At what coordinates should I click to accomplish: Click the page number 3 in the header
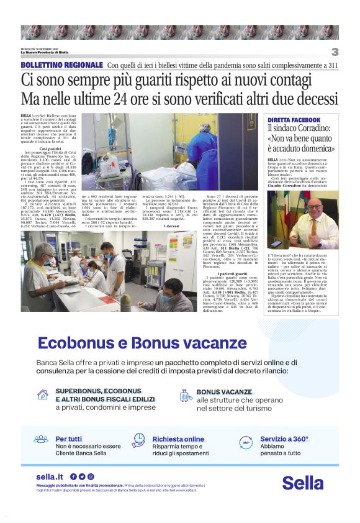click(335, 52)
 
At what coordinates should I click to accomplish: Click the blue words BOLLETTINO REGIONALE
click(61, 65)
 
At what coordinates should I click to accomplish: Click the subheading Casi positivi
click(50, 148)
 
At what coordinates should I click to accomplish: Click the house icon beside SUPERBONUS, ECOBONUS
click(43, 394)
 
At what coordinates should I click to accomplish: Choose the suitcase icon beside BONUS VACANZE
click(184, 395)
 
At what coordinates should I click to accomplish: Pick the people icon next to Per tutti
click(41, 439)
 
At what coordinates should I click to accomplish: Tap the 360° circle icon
click(246, 442)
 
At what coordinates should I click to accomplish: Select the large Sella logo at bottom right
click(303, 482)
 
